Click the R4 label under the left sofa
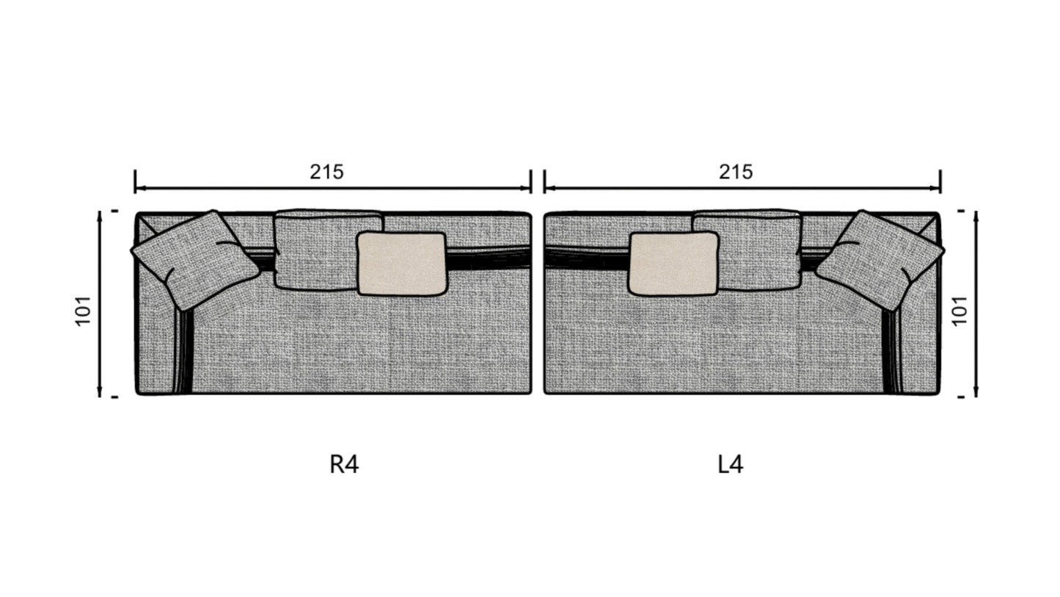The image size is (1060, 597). tap(344, 464)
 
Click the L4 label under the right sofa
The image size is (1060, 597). tap(730, 464)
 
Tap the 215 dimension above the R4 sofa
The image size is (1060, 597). tap(326, 172)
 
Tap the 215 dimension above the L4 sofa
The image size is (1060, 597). tap(736, 172)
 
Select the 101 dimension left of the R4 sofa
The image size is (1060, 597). tap(84, 311)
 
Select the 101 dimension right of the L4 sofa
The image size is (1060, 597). tap(960, 311)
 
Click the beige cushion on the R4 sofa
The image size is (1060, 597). tap(402, 264)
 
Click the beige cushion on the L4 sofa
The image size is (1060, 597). tap(673, 264)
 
